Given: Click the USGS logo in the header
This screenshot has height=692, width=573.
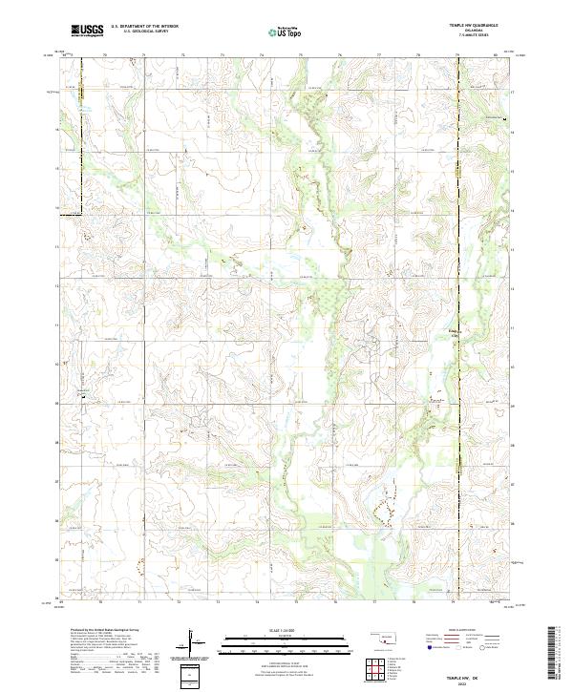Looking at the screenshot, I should coord(87,31).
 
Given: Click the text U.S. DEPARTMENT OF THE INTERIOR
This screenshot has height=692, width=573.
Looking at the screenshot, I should coord(144,27).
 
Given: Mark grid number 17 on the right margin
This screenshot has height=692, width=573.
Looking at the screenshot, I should coord(512,93).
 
